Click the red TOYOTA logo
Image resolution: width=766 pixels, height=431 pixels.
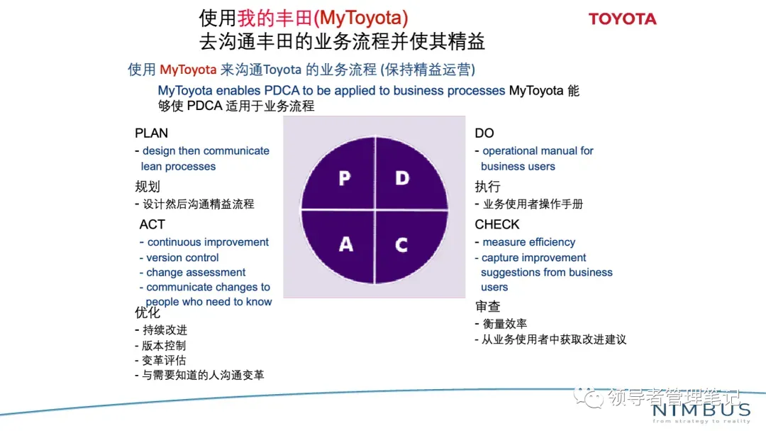pyautogui.click(x=622, y=19)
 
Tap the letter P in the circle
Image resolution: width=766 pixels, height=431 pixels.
pyautogui.click(x=345, y=178)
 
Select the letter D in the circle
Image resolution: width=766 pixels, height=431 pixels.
pyautogui.click(x=402, y=178)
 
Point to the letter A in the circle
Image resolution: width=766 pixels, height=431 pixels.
pyautogui.click(x=345, y=244)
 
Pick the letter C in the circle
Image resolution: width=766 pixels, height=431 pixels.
pyautogui.click(x=401, y=245)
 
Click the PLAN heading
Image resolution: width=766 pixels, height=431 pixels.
pyautogui.click(x=151, y=133)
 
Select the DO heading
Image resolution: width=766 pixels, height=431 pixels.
pyautogui.click(x=484, y=133)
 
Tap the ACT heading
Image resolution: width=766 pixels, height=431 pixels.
pyautogui.click(x=152, y=224)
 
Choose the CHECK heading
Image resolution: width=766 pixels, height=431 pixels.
pyautogui.click(x=497, y=224)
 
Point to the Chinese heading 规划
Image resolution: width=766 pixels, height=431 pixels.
pyautogui.click(x=148, y=187)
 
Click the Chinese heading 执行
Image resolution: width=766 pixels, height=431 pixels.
pyautogui.click(x=488, y=187)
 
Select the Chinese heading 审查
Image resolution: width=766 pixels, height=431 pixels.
pyautogui.click(x=488, y=307)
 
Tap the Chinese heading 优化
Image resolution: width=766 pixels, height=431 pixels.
pyautogui.click(x=148, y=312)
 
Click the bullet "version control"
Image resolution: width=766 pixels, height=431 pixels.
pyautogui.click(x=182, y=258)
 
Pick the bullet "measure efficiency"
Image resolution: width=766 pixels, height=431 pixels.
pyautogui.click(x=528, y=242)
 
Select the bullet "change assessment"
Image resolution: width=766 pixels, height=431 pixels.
pyautogui.click(x=196, y=273)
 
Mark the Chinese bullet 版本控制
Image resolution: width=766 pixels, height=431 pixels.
pyautogui.click(x=164, y=345)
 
